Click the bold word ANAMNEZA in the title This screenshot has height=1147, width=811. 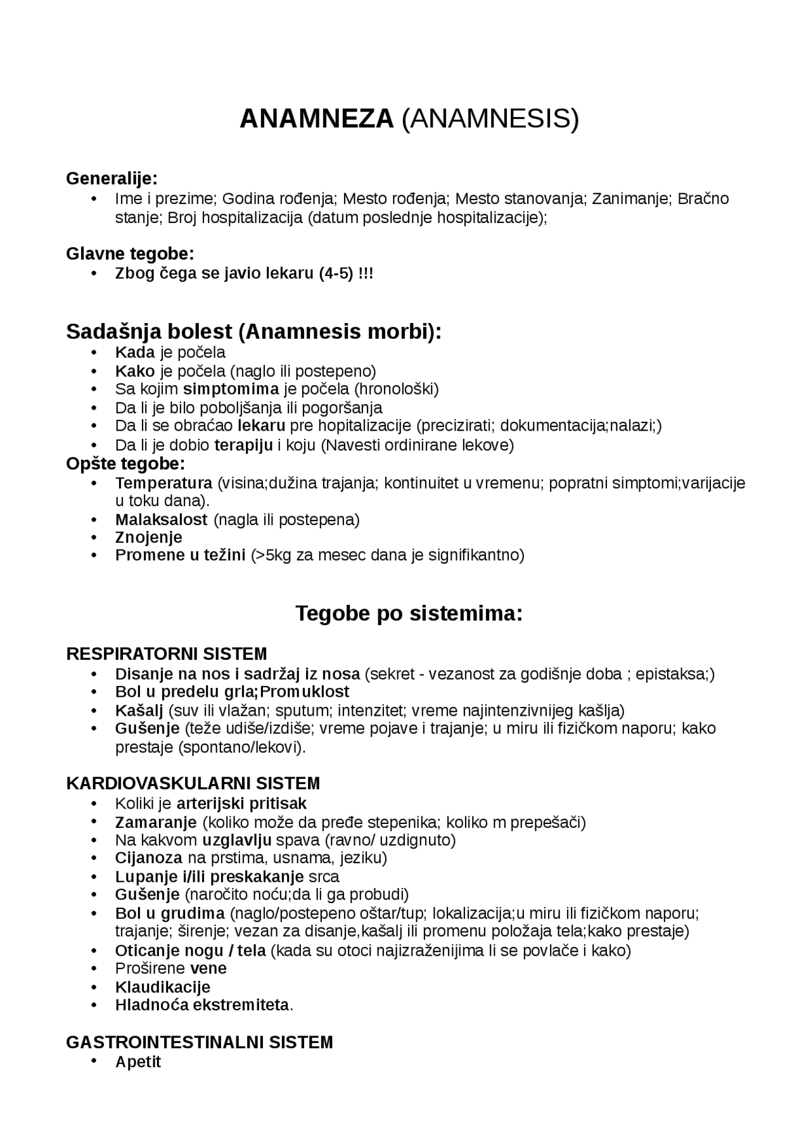[316, 119]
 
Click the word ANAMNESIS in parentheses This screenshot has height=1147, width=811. [490, 119]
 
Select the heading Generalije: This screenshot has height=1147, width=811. [112, 179]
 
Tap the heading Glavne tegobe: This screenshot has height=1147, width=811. [130, 254]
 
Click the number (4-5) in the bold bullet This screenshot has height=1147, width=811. [336, 274]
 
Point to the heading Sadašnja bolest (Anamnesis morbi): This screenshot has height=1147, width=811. [253, 331]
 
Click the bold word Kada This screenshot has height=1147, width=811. [135, 352]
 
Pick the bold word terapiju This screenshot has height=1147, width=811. [243, 445]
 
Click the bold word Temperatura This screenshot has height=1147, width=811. [163, 483]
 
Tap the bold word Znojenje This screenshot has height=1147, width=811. [148, 538]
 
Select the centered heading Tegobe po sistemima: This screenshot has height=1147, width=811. [409, 614]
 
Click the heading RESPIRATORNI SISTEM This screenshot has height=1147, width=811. [167, 654]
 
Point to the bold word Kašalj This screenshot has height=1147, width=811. [139, 711]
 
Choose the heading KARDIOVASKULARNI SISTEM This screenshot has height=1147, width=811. [193, 784]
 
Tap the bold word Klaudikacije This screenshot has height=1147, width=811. [162, 987]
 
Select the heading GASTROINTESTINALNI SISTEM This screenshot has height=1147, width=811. [199, 1042]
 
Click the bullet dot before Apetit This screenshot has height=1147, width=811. [94, 1061]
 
